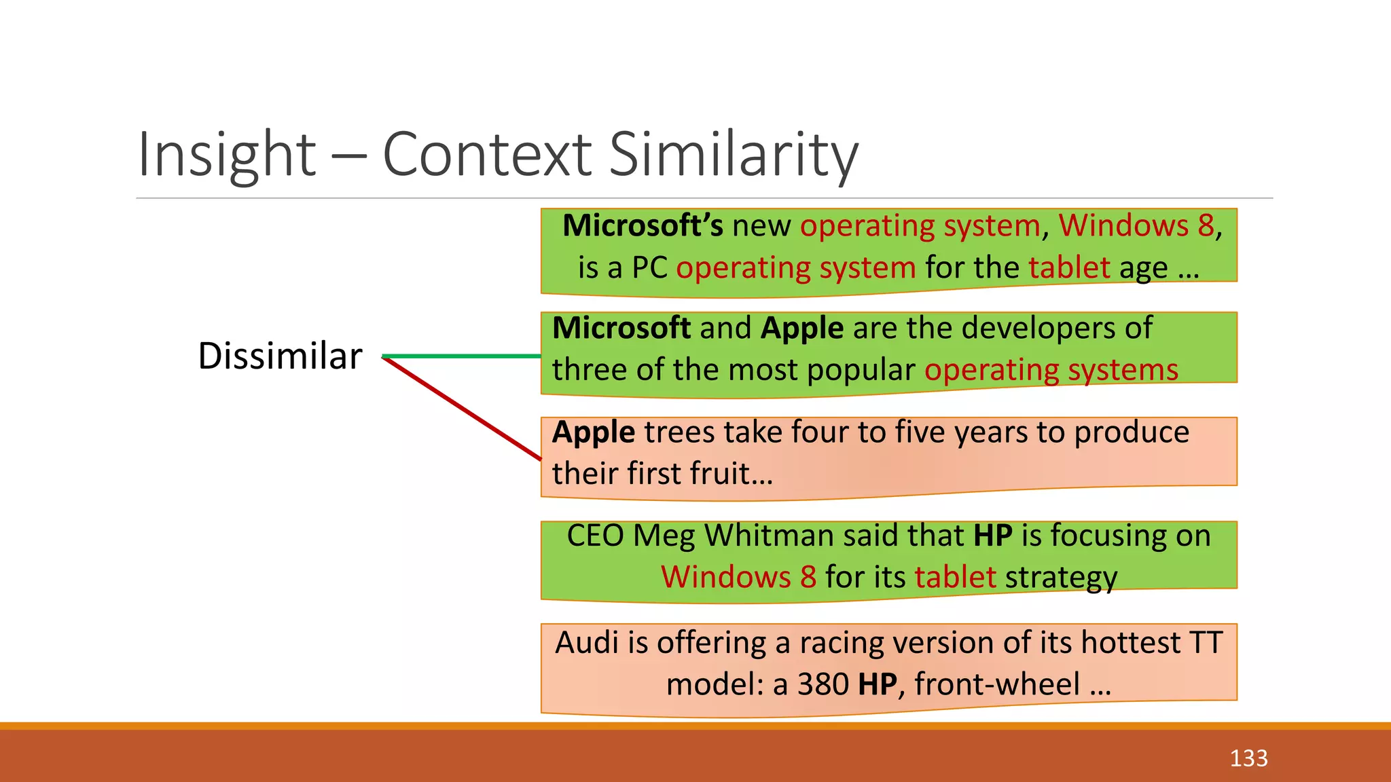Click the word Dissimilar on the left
(x=280, y=356)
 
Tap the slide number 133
(x=1248, y=758)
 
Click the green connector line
(x=462, y=356)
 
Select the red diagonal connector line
(x=462, y=409)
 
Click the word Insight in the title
(x=227, y=155)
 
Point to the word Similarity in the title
(x=734, y=155)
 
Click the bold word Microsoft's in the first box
(x=643, y=226)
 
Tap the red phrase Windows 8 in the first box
(x=1136, y=226)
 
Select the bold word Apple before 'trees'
(x=594, y=432)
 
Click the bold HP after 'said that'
(x=992, y=536)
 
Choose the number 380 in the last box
(x=823, y=684)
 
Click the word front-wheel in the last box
(x=997, y=684)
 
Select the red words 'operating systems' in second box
(x=1051, y=371)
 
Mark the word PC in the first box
(x=649, y=268)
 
